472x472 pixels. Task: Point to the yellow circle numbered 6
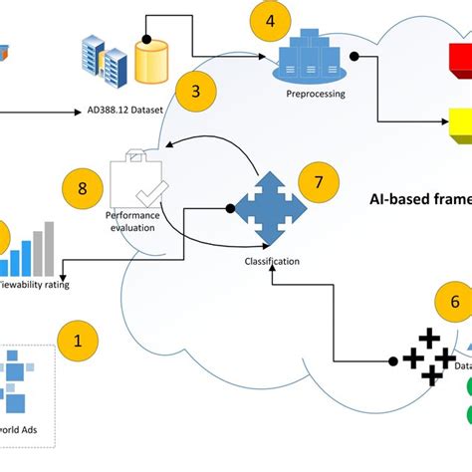click(x=454, y=301)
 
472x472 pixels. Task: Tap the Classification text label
click(x=272, y=263)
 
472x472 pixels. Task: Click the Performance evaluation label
click(x=131, y=220)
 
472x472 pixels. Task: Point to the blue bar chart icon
click(x=28, y=253)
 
